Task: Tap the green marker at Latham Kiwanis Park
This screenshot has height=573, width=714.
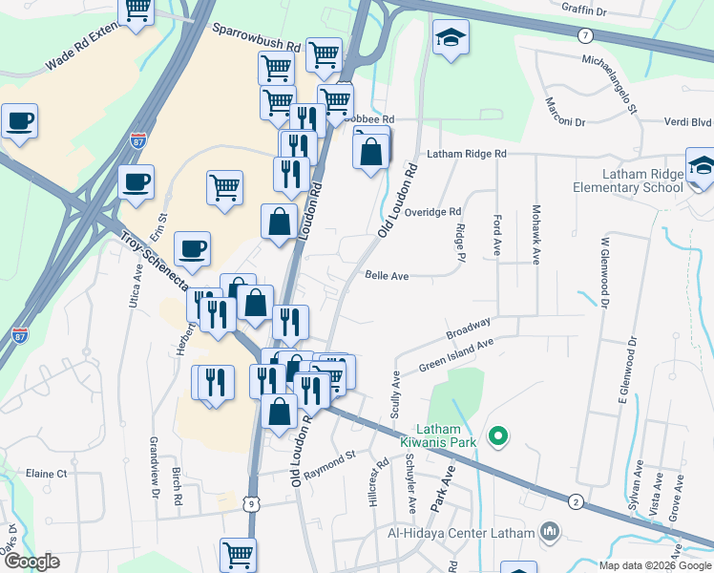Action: coord(496,438)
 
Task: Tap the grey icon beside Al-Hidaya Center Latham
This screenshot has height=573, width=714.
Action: coord(550,531)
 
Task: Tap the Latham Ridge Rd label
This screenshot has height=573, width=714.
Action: coord(466,153)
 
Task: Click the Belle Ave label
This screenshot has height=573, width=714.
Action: coord(387,275)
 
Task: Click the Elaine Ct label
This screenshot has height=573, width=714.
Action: coord(47,473)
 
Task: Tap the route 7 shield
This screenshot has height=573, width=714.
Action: coord(584,35)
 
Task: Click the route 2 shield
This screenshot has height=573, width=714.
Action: coord(575,501)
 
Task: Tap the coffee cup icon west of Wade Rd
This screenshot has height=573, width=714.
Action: coord(19,122)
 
